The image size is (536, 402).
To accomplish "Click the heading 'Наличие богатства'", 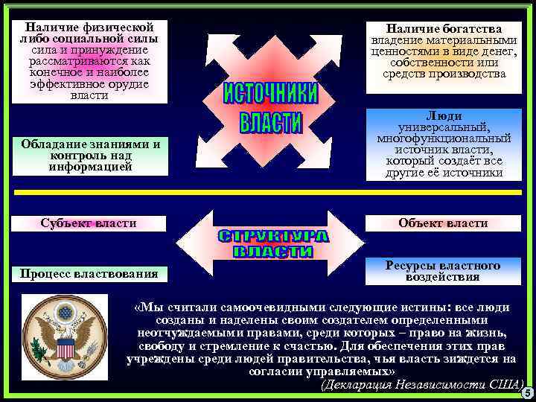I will tap(444, 28).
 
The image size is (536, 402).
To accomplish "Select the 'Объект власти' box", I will tap(443, 223).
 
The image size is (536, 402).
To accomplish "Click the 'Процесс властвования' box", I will tap(89, 274).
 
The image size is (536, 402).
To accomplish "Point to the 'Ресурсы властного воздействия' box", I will tap(443, 272).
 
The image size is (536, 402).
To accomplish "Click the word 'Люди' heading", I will tap(444, 116).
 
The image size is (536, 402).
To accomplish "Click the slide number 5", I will tap(527, 393).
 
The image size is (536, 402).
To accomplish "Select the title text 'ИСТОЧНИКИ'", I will tap(271, 95).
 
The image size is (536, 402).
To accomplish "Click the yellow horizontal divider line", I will tap(268, 192).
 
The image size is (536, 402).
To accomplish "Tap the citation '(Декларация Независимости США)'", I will tap(421, 386).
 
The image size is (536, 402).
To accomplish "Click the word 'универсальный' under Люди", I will tap(444, 127).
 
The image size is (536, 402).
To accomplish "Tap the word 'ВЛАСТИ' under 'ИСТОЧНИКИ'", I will tap(271, 123).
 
